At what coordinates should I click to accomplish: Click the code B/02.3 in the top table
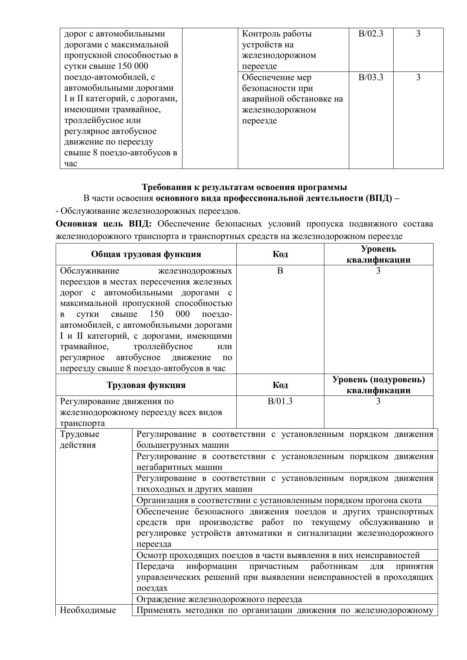(x=371, y=34)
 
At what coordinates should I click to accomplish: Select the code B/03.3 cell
(x=371, y=78)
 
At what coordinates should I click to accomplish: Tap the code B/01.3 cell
(x=280, y=401)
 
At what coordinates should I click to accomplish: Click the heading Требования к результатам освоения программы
(x=244, y=187)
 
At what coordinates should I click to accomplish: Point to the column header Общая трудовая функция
(x=146, y=254)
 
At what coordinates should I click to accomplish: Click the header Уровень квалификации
(x=378, y=254)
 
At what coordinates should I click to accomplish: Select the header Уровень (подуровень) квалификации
(x=378, y=385)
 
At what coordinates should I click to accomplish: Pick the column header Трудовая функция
(x=146, y=385)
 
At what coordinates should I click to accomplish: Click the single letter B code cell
(x=280, y=271)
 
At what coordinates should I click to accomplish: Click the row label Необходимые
(x=88, y=610)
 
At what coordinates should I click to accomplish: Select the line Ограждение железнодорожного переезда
(x=219, y=599)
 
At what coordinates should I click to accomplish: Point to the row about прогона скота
(x=279, y=500)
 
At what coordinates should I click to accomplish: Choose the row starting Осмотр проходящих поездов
(x=278, y=555)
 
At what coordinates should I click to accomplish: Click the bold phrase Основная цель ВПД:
(x=103, y=224)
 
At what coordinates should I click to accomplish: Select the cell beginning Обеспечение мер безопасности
(x=292, y=99)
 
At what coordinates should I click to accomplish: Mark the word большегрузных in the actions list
(x=165, y=445)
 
